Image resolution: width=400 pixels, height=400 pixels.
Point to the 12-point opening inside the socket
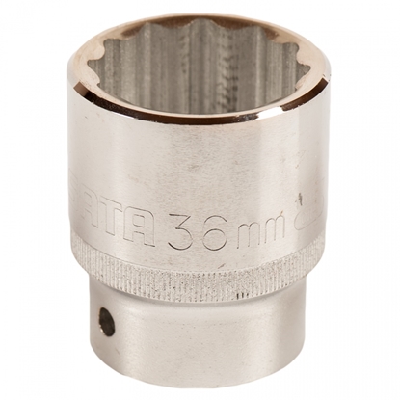click(x=193, y=72)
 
